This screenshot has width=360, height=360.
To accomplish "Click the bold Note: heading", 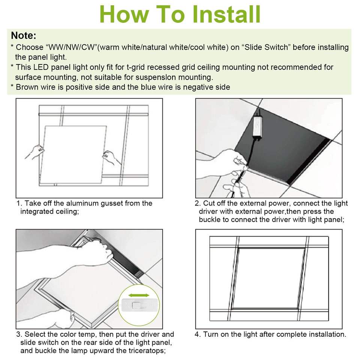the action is tap(24, 35).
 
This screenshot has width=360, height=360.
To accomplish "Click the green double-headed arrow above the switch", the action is tap(139, 295).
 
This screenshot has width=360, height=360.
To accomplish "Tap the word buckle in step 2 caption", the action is tap(210, 220).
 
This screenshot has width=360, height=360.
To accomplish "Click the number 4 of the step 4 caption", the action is tap(197, 334).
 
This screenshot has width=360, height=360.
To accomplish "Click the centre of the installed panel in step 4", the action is tap(270, 278).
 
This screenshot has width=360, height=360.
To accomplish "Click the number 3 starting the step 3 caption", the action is tap(18, 334).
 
